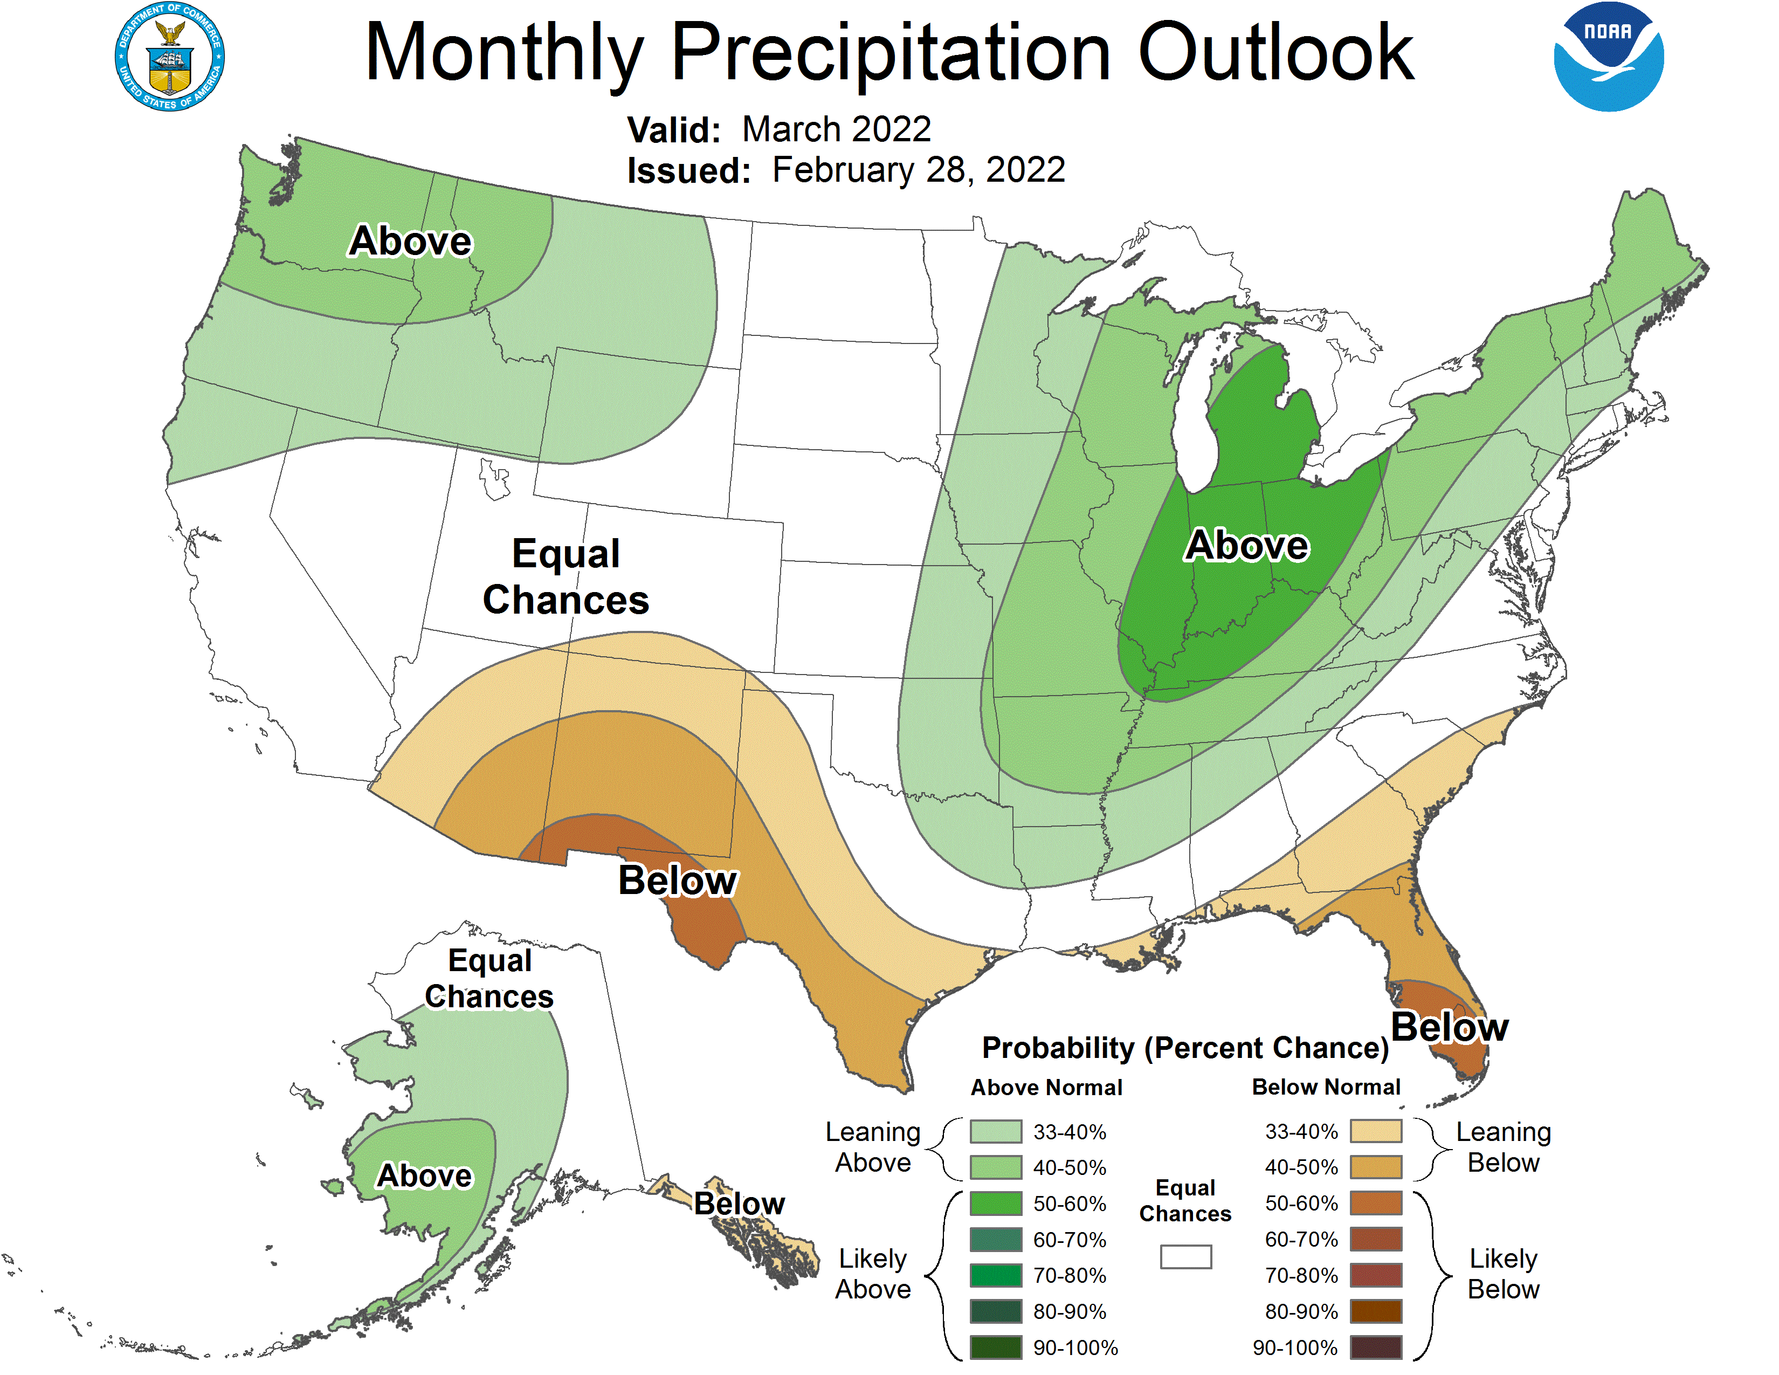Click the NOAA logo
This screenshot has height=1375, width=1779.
1608,57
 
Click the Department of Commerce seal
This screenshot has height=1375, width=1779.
169,57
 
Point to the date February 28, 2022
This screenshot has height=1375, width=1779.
918,170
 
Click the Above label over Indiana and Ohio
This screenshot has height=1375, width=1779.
1246,545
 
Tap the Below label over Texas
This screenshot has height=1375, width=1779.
677,881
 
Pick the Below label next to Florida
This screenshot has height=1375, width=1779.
1449,1027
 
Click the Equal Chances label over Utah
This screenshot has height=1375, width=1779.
566,577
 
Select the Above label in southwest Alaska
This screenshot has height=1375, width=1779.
424,1175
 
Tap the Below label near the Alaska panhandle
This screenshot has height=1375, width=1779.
739,1203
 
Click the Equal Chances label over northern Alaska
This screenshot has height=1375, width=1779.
489,978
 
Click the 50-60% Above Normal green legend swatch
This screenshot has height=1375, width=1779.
995,1203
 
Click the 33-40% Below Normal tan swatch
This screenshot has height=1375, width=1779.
1375,1131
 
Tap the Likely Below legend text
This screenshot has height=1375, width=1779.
1503,1274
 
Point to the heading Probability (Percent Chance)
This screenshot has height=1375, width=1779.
1185,1048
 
